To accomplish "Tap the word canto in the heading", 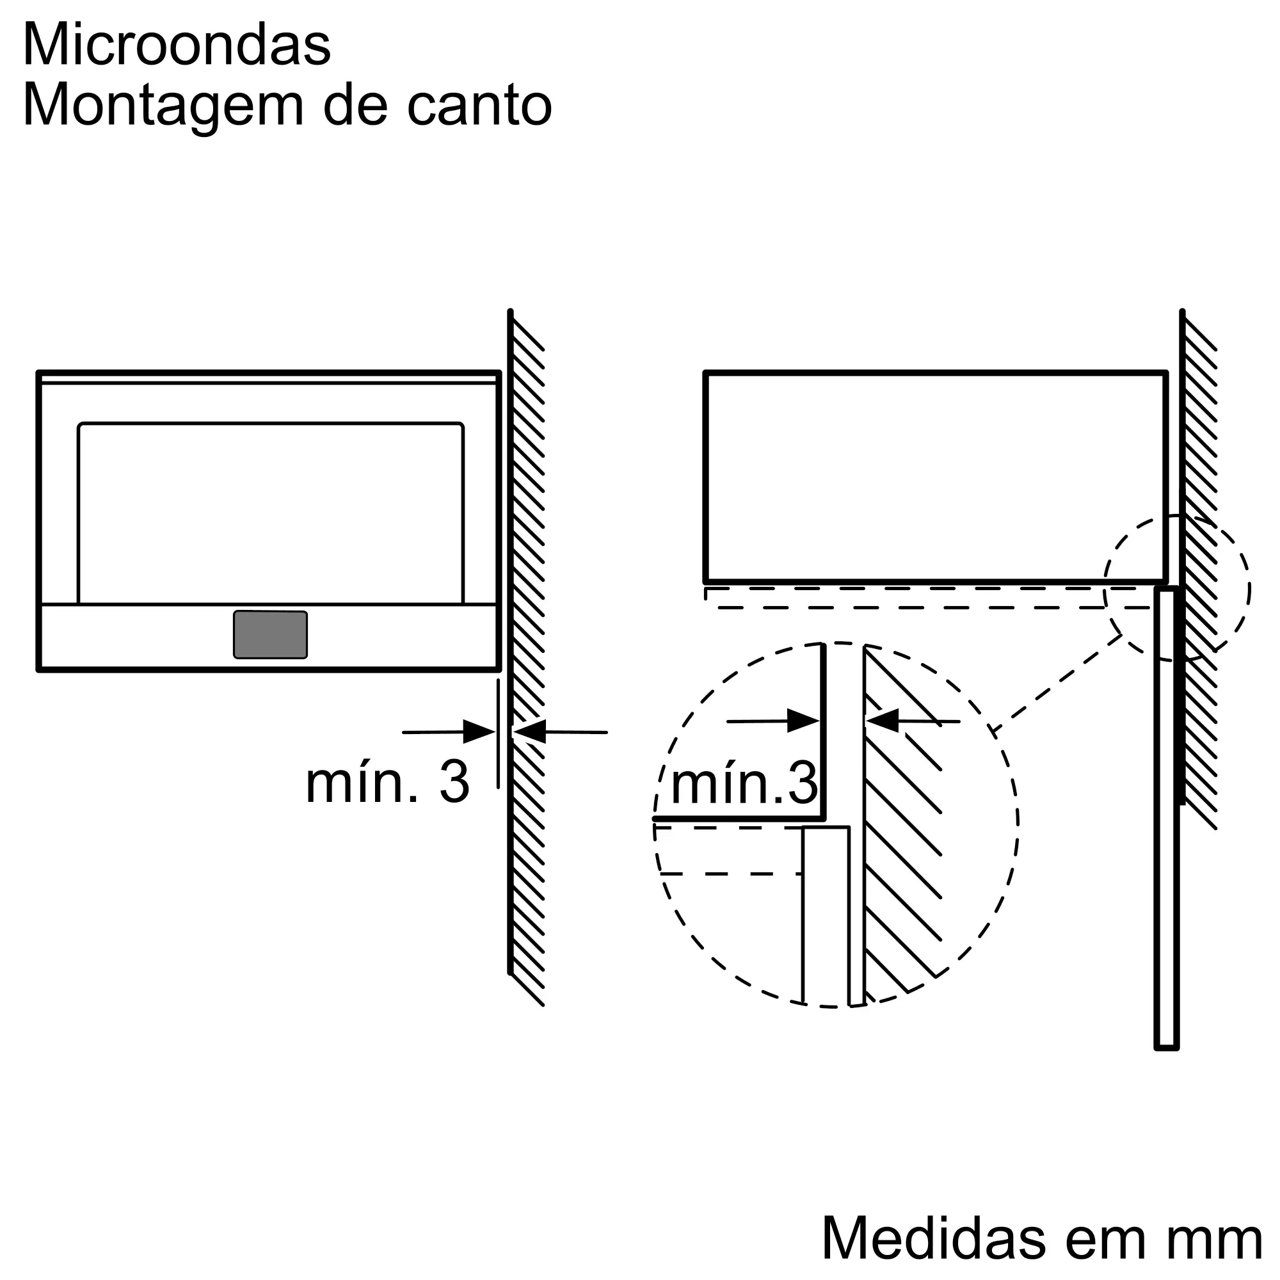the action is coord(479,106).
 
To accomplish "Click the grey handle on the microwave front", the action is coord(270,635).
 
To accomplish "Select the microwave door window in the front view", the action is coord(270,513).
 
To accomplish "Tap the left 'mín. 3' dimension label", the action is coord(388,783).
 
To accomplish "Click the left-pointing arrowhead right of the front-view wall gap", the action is coord(530,732).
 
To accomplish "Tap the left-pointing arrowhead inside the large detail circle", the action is coord(883,721).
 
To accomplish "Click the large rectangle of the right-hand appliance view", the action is coord(935,477).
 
